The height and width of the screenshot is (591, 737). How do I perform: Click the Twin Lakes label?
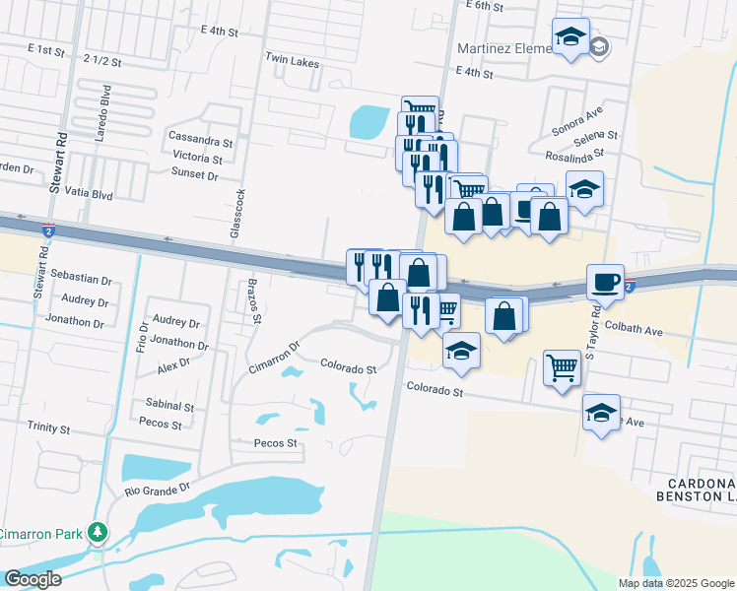coord(292,61)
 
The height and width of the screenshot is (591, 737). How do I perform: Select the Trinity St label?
coord(49,429)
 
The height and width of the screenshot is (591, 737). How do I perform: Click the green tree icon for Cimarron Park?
coord(98,533)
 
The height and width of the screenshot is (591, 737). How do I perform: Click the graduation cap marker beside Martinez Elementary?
coord(570,37)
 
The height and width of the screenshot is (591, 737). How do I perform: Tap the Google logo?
coord(33,579)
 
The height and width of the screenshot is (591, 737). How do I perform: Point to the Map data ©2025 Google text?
coord(675,583)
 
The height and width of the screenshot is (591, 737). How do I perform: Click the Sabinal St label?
coord(168,406)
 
